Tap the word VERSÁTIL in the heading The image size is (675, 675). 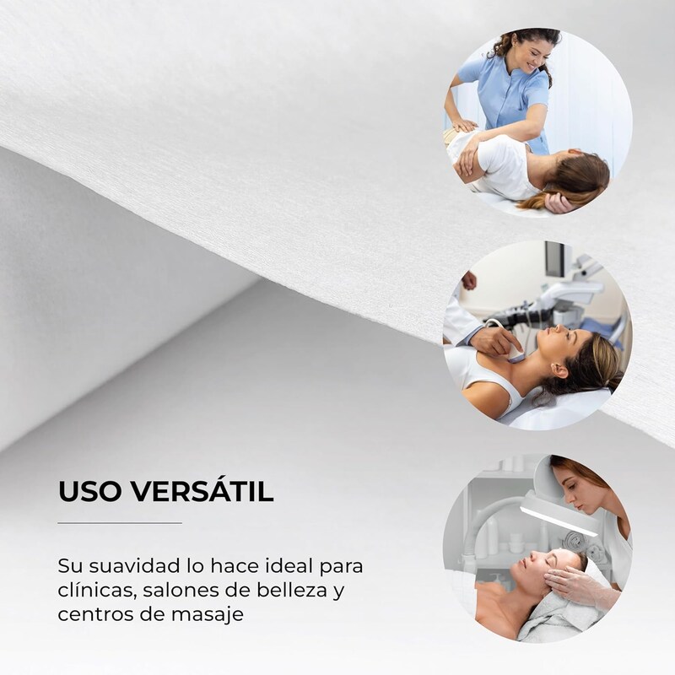click(x=202, y=492)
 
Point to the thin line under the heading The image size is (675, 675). click(x=119, y=523)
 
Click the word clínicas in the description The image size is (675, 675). click(x=90, y=589)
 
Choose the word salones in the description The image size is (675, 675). click(x=183, y=589)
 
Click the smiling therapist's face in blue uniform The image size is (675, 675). click(x=526, y=55)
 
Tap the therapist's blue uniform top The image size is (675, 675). click(x=506, y=97)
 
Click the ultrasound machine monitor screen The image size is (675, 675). click(x=556, y=260)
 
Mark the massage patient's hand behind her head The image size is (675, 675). click(x=558, y=202)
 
